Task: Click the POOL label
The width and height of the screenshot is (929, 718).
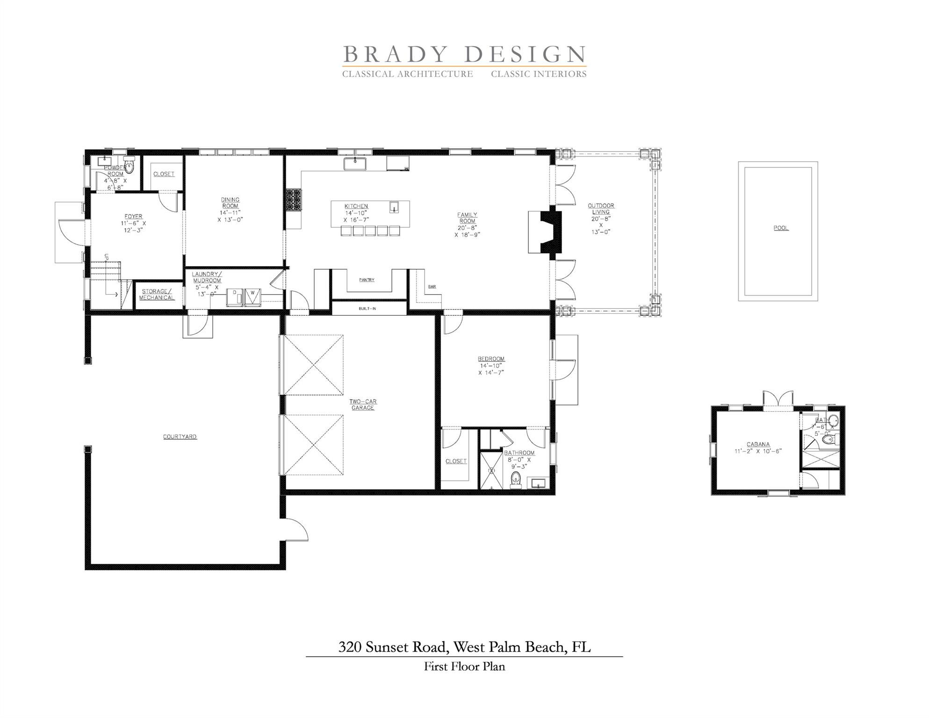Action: point(781,228)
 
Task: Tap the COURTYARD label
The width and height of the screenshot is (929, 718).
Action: point(180,436)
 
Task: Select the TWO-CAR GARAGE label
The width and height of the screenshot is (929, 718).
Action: point(363,405)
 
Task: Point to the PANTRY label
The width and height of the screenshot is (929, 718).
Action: point(367,280)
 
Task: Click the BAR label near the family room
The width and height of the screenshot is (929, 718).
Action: point(432,286)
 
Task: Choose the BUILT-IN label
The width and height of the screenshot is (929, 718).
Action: point(367,308)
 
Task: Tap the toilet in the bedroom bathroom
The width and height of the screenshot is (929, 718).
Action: point(516,479)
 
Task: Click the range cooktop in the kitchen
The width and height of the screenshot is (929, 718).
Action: point(294,200)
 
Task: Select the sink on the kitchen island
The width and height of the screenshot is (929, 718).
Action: point(394,207)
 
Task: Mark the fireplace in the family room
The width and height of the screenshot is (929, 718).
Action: point(545,232)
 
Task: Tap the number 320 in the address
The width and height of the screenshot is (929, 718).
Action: point(350,647)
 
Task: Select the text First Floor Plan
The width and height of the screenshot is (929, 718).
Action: point(464,666)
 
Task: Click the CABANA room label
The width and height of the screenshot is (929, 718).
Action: point(758,444)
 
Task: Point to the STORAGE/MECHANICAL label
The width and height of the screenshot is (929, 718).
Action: point(157,294)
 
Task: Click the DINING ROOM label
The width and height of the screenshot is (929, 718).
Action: point(230,203)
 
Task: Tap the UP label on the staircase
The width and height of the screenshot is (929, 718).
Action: point(107,257)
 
